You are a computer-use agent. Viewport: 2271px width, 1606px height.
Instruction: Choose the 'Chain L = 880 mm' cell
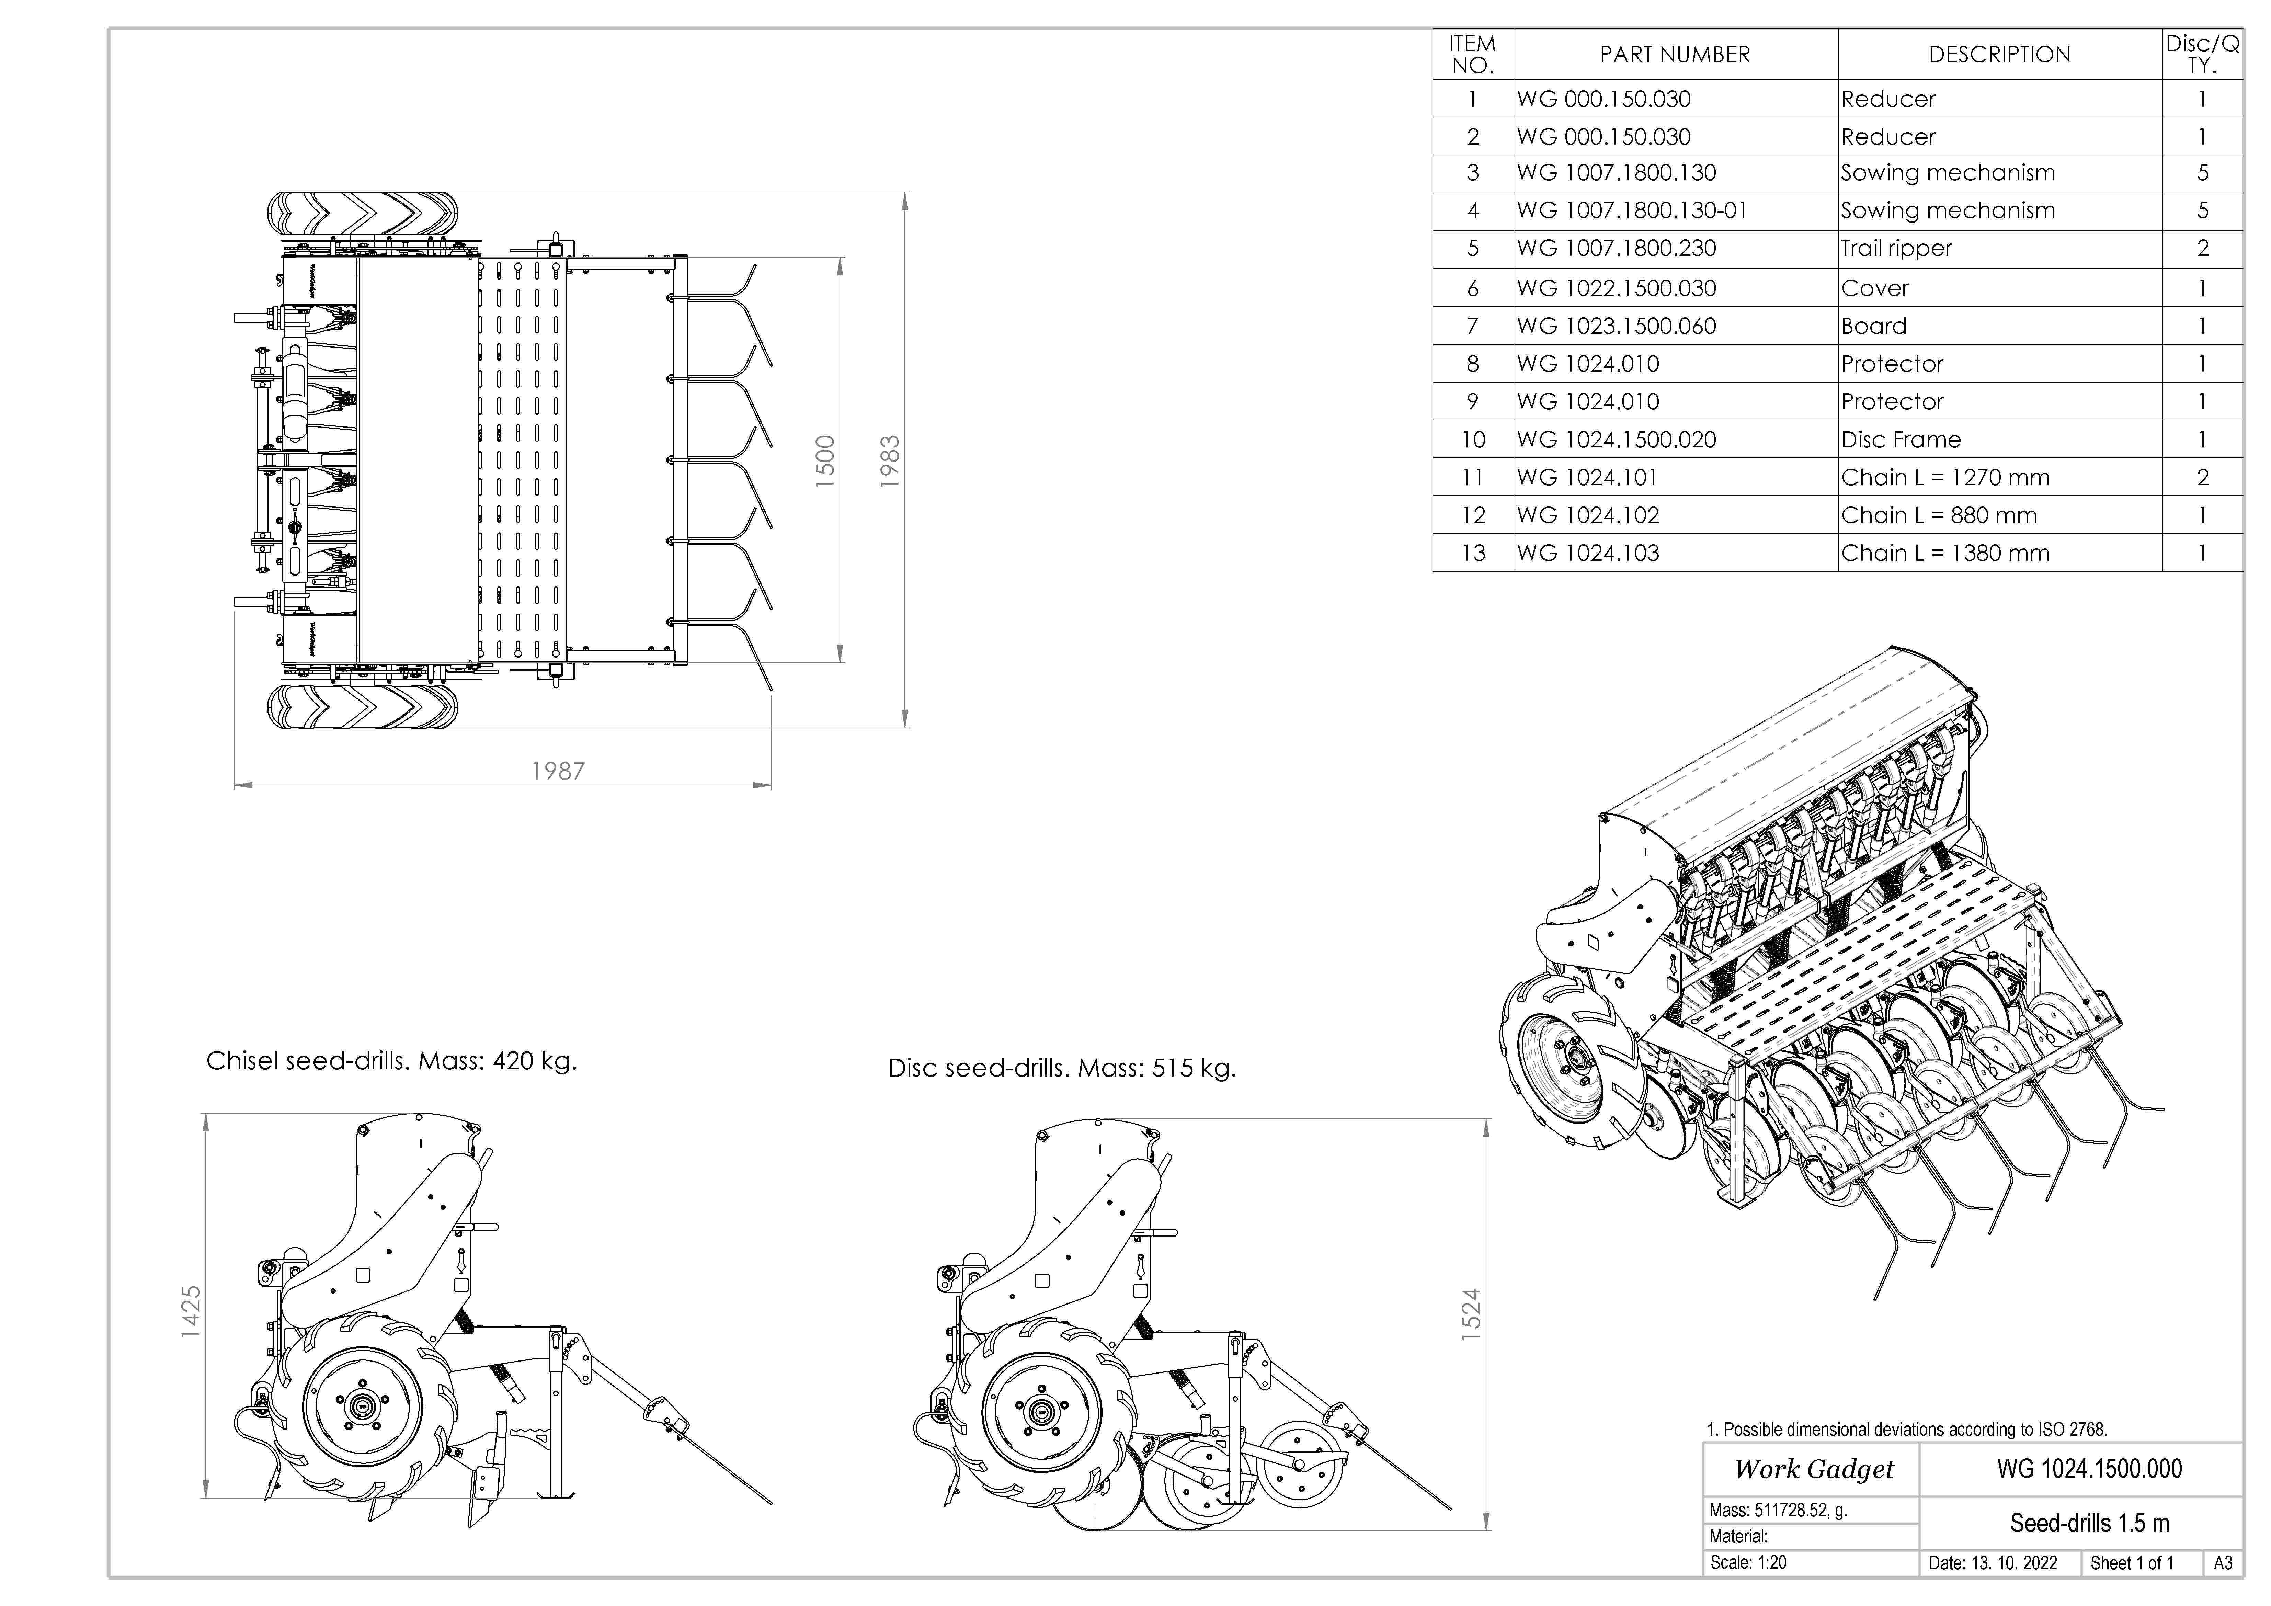click(x=1939, y=515)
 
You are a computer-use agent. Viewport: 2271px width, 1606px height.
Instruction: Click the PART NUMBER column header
click(x=1675, y=54)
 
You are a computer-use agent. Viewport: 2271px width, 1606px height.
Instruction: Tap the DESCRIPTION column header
click(x=1999, y=54)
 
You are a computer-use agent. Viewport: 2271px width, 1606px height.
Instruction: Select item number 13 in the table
click(x=1473, y=553)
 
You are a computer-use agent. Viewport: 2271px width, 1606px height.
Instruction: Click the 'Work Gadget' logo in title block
click(x=1813, y=1470)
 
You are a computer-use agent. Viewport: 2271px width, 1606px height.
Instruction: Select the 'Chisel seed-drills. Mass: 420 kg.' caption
click(x=391, y=1061)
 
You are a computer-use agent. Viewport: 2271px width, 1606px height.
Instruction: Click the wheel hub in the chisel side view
click(x=362, y=1403)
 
